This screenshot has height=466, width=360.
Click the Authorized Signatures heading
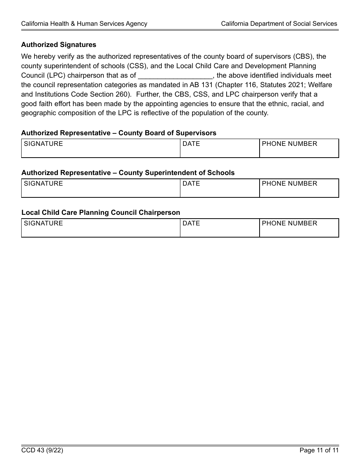coord(59,45)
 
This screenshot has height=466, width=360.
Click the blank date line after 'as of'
coord(175,75)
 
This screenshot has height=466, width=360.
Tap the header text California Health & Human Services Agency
coord(84,23)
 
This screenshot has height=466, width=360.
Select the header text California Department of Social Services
coord(279,23)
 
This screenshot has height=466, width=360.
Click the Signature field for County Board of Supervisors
coord(100,149)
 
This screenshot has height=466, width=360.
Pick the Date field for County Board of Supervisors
coord(219,149)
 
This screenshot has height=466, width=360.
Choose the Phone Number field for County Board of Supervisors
coord(299,149)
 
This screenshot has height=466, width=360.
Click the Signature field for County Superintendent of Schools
coord(100,188)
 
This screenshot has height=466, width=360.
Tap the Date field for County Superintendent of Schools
coord(219,188)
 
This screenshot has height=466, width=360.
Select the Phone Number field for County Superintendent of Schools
coord(299,188)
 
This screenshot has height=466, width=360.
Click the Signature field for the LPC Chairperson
coord(100,228)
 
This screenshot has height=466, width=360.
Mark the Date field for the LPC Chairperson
coord(219,228)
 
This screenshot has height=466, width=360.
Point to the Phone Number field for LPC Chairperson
coord(299,228)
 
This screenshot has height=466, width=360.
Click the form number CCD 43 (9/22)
coord(42,450)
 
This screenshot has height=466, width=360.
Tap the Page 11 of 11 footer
coord(319,450)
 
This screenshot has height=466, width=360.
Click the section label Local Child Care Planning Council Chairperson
coord(101,213)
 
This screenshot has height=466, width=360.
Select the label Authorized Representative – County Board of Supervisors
coord(119,133)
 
